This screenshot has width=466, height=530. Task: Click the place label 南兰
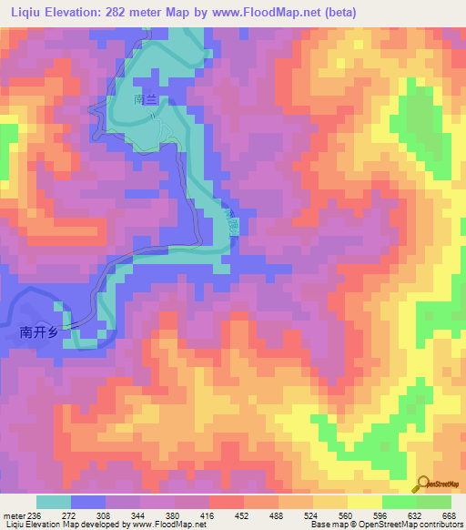pyautogui.click(x=147, y=97)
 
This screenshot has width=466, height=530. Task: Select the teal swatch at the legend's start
pyautogui.click(x=54, y=502)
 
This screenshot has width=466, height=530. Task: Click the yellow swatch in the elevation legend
pyautogui.click(x=364, y=502)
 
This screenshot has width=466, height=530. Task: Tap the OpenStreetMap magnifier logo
pyautogui.click(x=421, y=484)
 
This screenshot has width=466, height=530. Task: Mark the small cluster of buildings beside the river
pyautogui.click(x=234, y=223)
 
